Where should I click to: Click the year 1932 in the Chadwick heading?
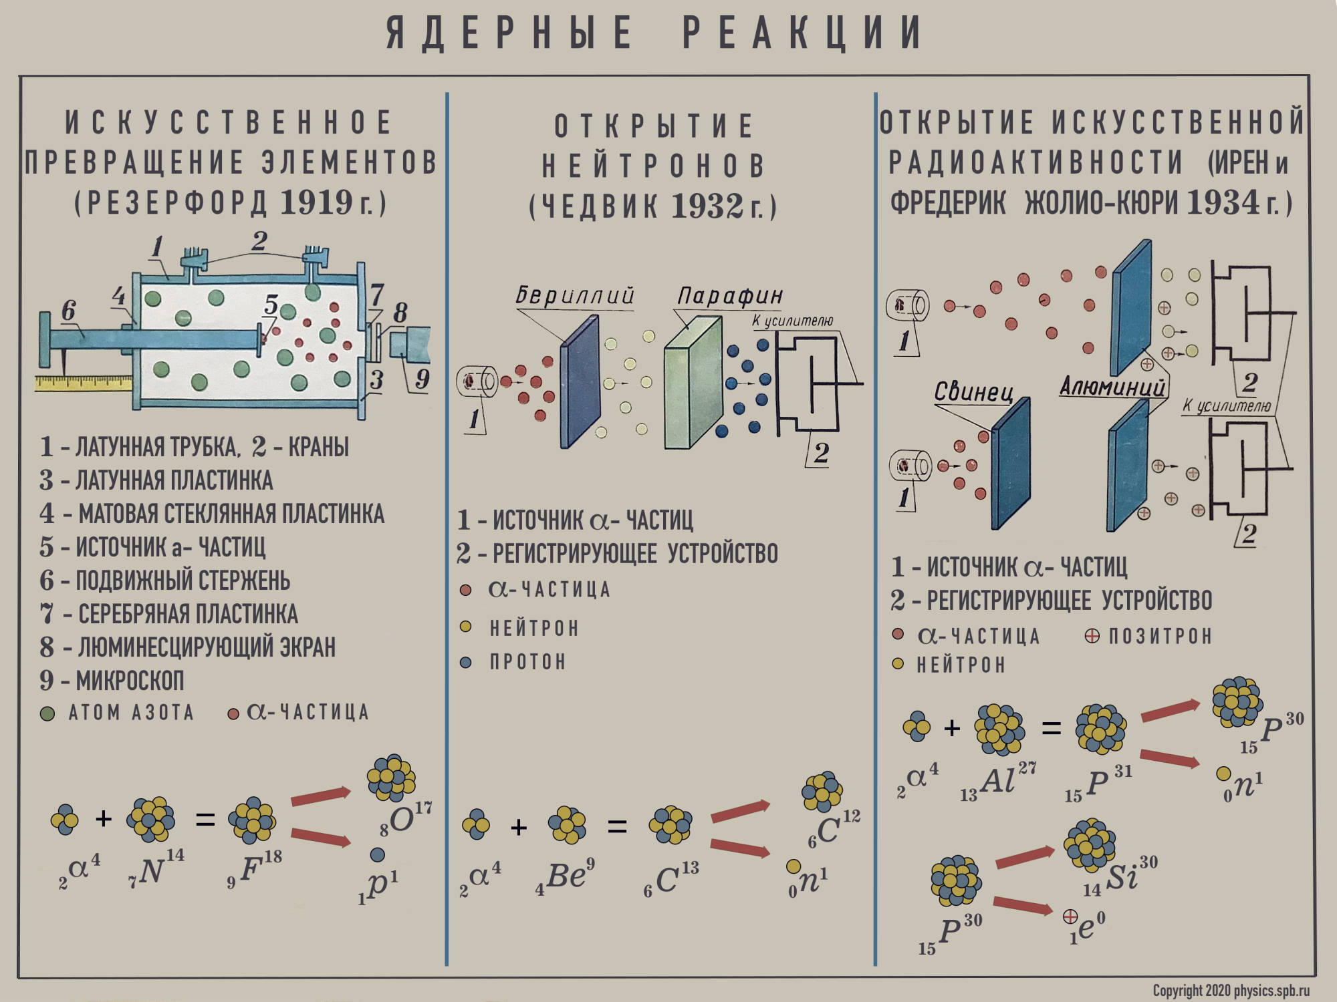(x=707, y=206)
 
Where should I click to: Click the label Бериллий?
(x=574, y=295)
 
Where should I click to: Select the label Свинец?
(x=973, y=391)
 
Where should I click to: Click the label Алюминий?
(x=1112, y=386)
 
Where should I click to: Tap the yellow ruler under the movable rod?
(x=84, y=383)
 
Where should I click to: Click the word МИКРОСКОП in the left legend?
(x=130, y=680)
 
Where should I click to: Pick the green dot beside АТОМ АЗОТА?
(x=47, y=713)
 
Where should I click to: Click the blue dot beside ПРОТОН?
(x=466, y=662)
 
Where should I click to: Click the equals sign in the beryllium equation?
(x=617, y=827)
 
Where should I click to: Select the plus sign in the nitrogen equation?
(x=104, y=818)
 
